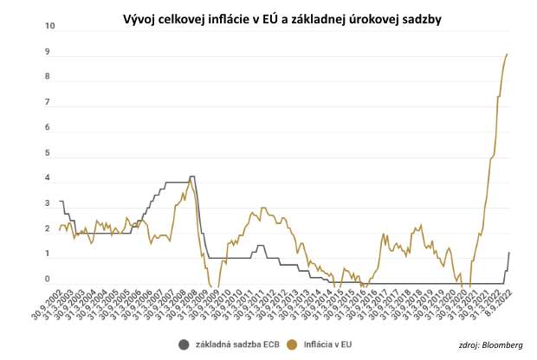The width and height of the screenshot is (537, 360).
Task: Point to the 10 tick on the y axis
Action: [x=49, y=27]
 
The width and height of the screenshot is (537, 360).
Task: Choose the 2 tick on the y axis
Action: [x=49, y=229]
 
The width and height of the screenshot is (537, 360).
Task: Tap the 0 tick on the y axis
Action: [x=49, y=280]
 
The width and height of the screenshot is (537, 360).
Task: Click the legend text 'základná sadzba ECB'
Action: [x=237, y=344]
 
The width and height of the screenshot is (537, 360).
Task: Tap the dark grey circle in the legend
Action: [x=184, y=344]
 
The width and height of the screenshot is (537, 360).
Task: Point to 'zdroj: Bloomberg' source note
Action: [x=491, y=345]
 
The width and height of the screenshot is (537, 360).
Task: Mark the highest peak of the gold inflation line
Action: [x=507, y=54]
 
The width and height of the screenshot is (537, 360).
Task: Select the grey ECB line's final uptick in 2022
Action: [x=508, y=254]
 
